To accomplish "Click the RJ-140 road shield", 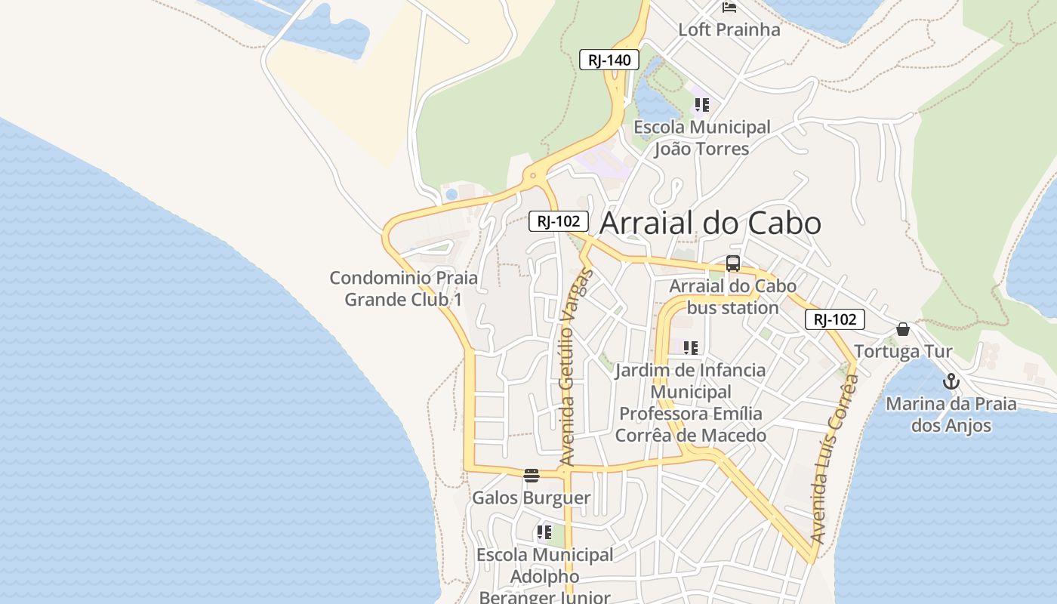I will (x=609, y=60).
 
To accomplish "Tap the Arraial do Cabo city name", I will (x=710, y=223).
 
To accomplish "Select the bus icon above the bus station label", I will (x=732, y=263).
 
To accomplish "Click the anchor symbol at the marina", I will (x=951, y=381).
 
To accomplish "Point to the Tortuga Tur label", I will (x=903, y=351).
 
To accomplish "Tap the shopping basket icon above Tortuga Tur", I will (x=903, y=329).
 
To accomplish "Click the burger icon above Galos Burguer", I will (x=532, y=476).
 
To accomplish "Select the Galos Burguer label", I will (x=531, y=498).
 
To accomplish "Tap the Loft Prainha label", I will (x=729, y=29).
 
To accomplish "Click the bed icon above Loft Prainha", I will (x=729, y=8).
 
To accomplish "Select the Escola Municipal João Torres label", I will (x=702, y=137).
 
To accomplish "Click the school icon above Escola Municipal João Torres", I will (x=702, y=105).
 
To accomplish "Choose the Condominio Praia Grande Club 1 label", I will (x=404, y=288).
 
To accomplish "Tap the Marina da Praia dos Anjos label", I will (x=951, y=414).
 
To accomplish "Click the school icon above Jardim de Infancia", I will (x=691, y=348).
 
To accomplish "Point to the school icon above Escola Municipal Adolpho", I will (x=544, y=532).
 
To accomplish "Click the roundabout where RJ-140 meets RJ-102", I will (x=533, y=176).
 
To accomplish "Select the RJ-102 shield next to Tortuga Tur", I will (x=834, y=319).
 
